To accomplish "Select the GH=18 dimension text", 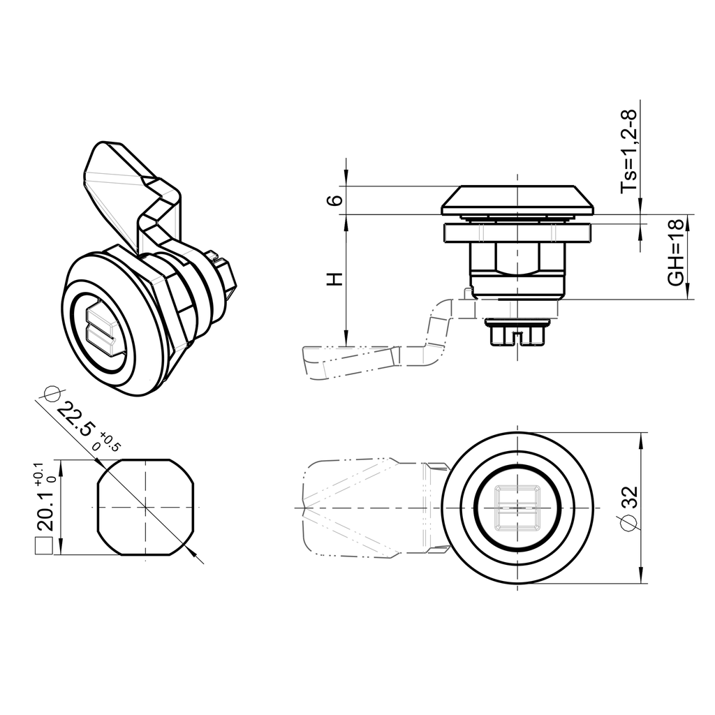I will tap(675, 258).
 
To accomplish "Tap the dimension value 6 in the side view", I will tap(336, 200).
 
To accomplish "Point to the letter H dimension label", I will tap(336, 279).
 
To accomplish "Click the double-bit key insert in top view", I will tap(517, 506).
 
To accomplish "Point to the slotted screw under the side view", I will tap(517, 334).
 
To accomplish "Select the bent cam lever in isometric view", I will tap(133, 189).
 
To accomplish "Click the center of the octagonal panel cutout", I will tap(145, 507).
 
